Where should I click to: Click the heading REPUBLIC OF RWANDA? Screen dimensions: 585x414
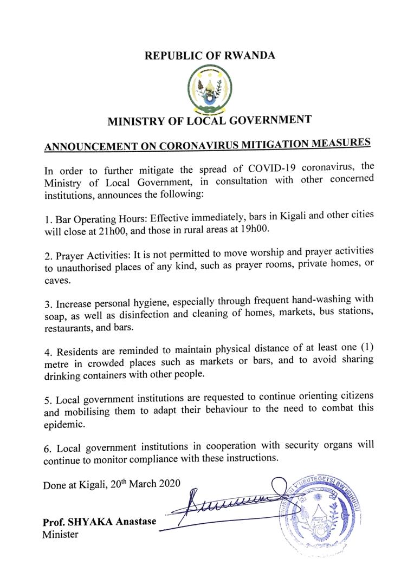pos(210,55)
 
